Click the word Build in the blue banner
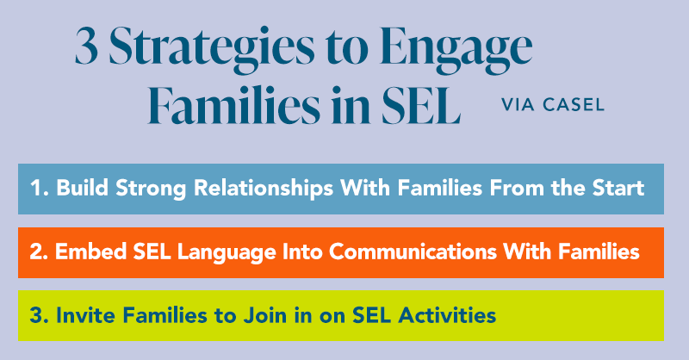coord(82,189)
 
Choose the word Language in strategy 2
coord(210,253)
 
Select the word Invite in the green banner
coord(82,316)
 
